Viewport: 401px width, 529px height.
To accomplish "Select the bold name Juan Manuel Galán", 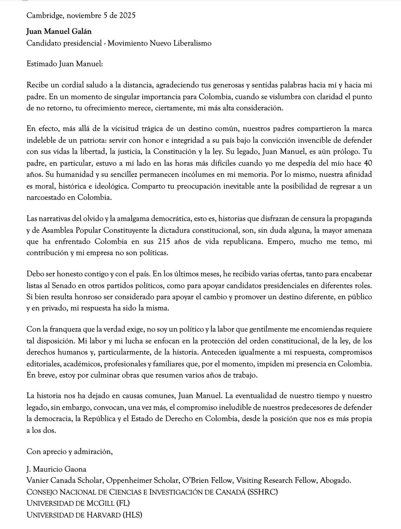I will tap(59, 31).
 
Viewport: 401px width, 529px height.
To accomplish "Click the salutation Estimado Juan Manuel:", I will tap(65, 64).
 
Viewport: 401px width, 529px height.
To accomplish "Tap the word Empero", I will tap(281, 241).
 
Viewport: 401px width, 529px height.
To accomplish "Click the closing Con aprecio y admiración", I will tap(69, 451).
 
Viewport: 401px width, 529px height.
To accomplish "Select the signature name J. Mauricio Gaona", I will tap(56, 469).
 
